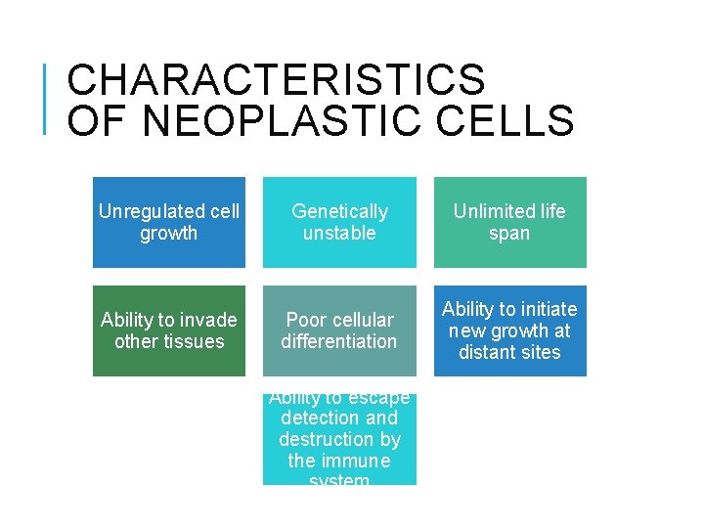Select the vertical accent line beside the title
pyautogui.click(x=47, y=98)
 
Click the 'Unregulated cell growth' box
pyautogui.click(x=169, y=222)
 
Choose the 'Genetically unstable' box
pyautogui.click(x=339, y=222)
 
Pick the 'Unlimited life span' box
pyautogui.click(x=509, y=222)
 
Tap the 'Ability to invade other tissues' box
pyautogui.click(x=169, y=330)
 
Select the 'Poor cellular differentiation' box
pyautogui.click(x=339, y=330)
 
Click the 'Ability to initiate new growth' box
pyautogui.click(x=509, y=330)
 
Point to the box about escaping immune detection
pyautogui.click(x=339, y=439)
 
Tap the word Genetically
pyautogui.click(x=339, y=211)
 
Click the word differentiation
pyautogui.click(x=339, y=342)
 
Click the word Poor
pyautogui.click(x=305, y=320)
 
